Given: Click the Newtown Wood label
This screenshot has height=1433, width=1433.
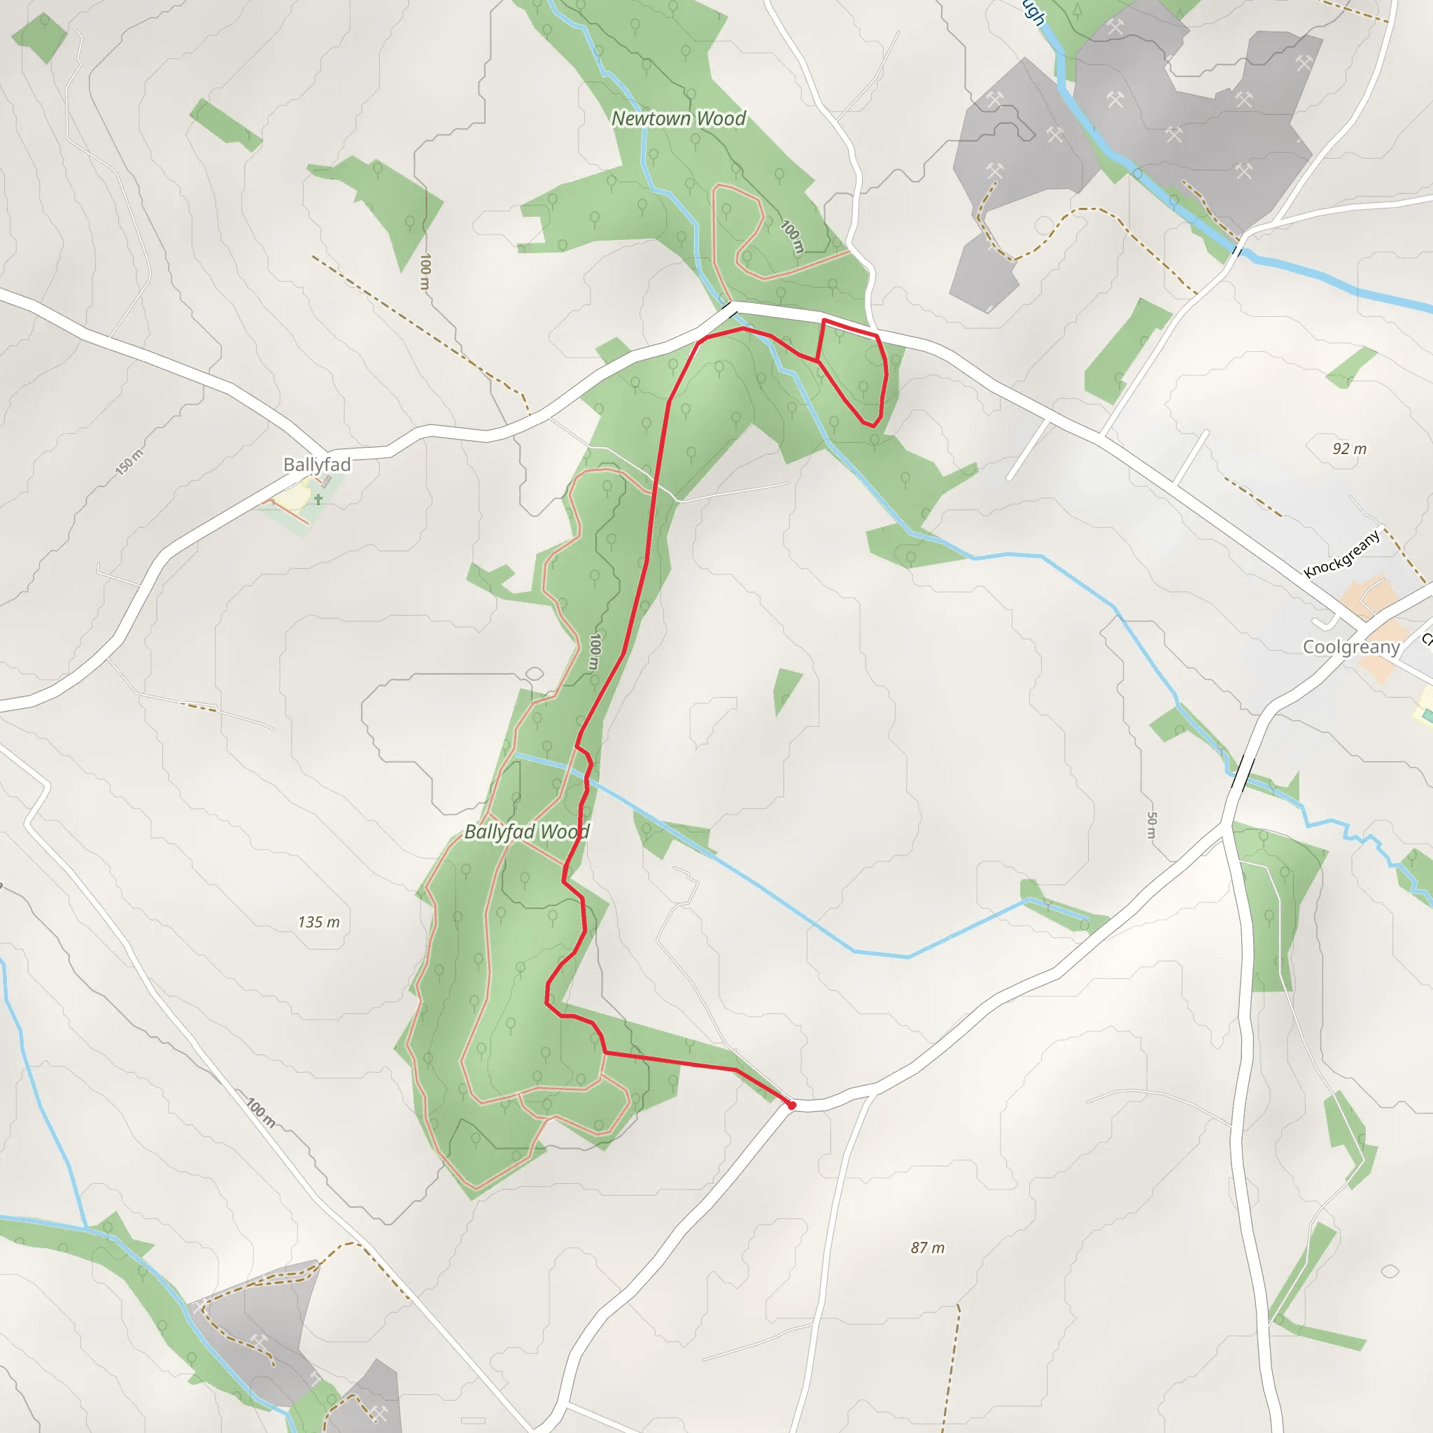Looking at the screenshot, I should [x=678, y=119].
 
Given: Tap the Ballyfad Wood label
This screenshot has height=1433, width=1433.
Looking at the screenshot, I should [x=527, y=831].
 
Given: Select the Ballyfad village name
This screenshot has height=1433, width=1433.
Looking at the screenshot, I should [x=317, y=465].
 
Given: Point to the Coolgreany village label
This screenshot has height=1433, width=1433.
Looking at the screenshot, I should [x=1351, y=647].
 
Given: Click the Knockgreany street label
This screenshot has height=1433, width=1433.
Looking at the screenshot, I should [x=1343, y=553].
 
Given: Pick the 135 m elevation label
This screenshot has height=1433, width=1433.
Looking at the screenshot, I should [x=319, y=922].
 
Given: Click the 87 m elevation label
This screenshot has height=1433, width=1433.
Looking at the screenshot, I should [x=928, y=1248].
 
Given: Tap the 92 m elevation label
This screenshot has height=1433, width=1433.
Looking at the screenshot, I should [x=1349, y=449].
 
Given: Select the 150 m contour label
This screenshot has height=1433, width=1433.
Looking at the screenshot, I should [x=129, y=461].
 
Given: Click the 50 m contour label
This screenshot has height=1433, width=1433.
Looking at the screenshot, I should [x=1151, y=825].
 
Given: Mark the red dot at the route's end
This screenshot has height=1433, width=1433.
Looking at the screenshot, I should [x=792, y=1105].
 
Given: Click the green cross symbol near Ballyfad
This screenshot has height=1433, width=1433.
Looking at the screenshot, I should [x=318, y=499].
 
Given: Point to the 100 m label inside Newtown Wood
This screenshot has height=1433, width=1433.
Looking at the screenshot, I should [x=793, y=237].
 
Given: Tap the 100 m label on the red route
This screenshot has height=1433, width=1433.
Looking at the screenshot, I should [x=594, y=651].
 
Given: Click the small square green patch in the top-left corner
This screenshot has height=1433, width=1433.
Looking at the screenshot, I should [x=41, y=37].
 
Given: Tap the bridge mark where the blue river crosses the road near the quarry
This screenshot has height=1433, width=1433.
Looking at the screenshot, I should [x=1237, y=250].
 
